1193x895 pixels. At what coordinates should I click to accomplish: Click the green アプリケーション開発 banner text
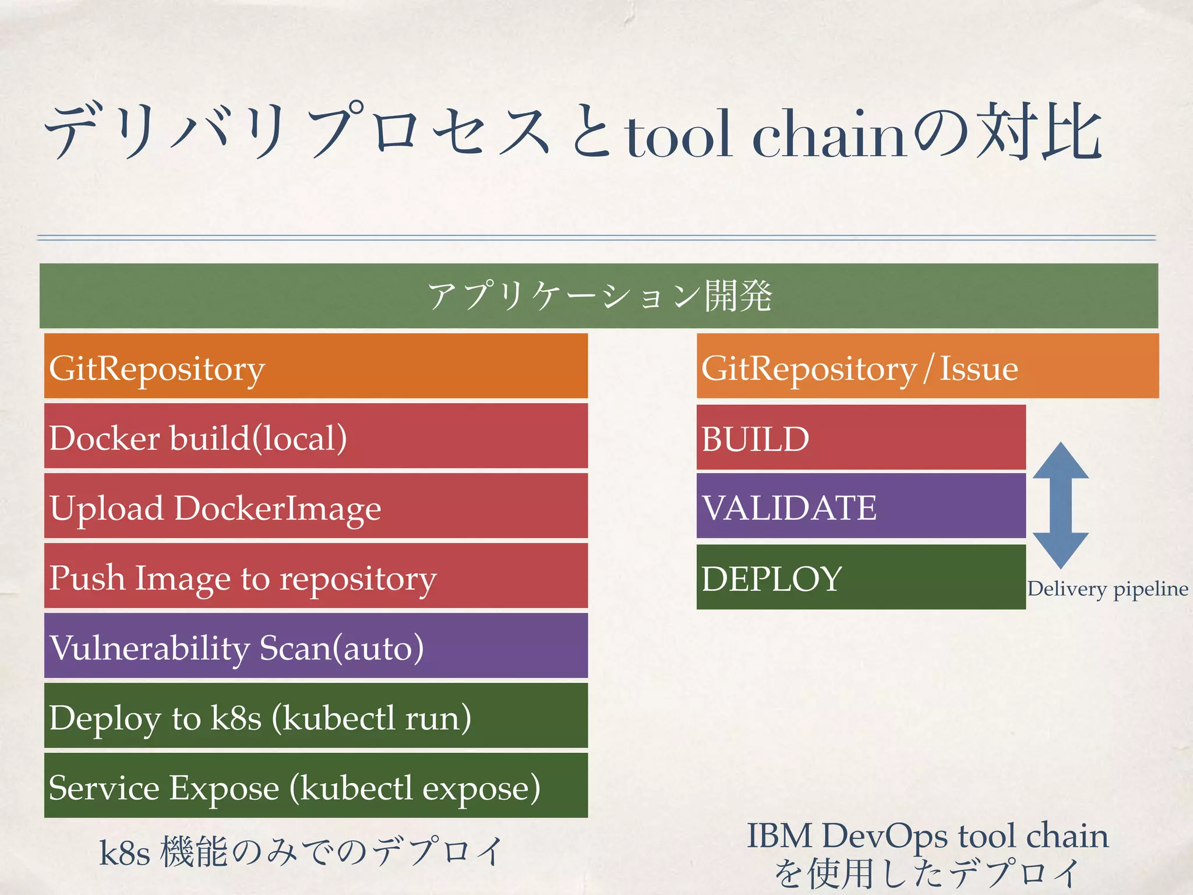point(599,296)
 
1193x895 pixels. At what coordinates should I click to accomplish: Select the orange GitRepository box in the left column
point(316,366)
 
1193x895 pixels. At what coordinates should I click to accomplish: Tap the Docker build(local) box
point(316,436)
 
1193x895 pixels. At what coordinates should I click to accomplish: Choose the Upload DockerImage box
point(316,506)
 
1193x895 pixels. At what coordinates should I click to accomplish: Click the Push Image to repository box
point(316,576)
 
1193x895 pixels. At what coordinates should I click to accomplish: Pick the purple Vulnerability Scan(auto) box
point(316,646)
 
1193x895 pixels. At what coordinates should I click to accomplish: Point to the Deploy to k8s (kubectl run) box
point(316,716)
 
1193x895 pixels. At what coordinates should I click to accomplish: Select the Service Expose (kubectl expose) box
point(316,786)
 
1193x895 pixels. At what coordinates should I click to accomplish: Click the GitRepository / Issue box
point(927,366)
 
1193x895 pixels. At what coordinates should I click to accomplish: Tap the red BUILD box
point(861,438)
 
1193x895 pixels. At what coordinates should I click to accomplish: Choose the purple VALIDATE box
point(861,506)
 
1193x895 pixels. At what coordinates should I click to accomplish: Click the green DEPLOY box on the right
point(861,577)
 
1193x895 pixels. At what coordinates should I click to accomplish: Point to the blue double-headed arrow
point(1061,505)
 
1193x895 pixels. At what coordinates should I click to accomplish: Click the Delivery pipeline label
point(1107,589)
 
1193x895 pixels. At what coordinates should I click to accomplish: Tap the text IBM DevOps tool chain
point(927,836)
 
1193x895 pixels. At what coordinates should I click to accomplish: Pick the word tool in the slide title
point(679,135)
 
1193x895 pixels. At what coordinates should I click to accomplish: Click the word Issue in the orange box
point(979,368)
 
